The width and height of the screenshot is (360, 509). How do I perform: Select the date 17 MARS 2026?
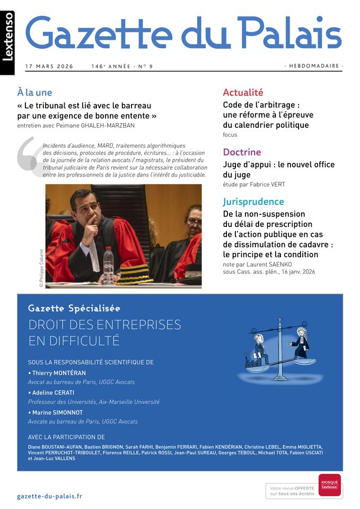[x=49, y=67]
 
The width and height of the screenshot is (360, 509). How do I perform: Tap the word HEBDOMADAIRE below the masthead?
[x=313, y=66]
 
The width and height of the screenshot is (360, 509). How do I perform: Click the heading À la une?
[x=34, y=93]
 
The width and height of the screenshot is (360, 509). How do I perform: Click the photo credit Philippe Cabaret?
[x=41, y=268]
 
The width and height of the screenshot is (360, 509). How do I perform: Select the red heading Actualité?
[x=243, y=93]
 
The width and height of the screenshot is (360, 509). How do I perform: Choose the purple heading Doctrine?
[x=242, y=152]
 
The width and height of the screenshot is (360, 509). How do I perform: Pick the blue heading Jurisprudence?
[x=253, y=201]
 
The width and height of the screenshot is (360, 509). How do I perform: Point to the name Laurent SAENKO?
[x=268, y=265]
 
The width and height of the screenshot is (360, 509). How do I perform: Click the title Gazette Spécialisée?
[x=74, y=309]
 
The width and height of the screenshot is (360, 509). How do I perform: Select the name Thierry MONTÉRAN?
[x=58, y=373]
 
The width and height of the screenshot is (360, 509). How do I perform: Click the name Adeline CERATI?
[x=52, y=393]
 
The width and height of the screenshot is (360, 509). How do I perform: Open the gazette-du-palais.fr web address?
[x=49, y=496]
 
